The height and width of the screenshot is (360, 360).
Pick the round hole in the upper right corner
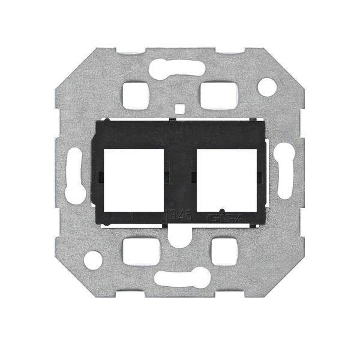click(x=266, y=87)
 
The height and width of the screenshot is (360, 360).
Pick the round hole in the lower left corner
click(x=93, y=260)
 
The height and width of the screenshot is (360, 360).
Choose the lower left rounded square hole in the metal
click(x=137, y=252)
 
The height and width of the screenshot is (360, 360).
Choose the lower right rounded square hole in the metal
click(x=224, y=252)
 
